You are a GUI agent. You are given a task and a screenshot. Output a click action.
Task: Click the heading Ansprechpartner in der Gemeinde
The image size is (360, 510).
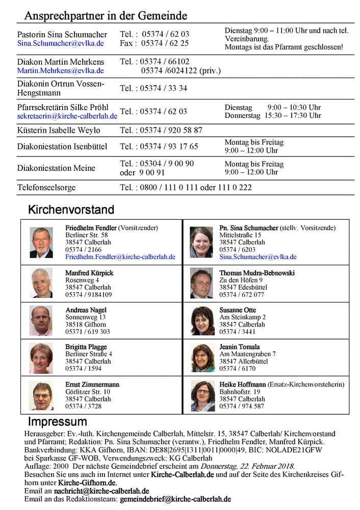pos(106,16)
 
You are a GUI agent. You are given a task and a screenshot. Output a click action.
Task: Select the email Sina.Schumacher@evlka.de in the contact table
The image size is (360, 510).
pos(61,44)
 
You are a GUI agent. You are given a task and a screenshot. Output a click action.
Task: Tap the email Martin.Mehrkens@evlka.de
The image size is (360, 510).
pos(61,71)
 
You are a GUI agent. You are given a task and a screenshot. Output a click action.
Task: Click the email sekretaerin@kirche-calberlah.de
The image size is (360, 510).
pos(67,116)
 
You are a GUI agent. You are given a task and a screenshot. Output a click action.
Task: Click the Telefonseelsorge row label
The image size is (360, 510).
pos(46,187)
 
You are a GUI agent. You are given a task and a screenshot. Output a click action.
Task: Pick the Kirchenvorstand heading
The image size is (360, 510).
pos(71,210)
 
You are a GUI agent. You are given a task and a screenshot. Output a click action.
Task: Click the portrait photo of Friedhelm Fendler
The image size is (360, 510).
pos(41,242)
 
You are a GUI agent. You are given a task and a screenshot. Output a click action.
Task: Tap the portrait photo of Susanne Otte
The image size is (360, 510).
pos(202,321)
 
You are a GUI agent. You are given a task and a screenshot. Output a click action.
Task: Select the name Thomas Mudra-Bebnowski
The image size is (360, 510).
pos(257,273)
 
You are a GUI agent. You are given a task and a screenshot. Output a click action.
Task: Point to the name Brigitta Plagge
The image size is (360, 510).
pos(86,347)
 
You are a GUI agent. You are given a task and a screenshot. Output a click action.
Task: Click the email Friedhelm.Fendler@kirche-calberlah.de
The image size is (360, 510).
pos(120,257)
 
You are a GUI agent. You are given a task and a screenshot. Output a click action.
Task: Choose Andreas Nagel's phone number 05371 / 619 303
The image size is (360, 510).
pos(88,331)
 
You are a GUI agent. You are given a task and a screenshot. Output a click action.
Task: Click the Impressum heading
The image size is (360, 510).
pos(57,422)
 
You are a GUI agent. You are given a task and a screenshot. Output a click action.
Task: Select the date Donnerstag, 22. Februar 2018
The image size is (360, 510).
pos(247,466)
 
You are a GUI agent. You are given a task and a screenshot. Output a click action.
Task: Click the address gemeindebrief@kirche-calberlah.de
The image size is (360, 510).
pos(175,499)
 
